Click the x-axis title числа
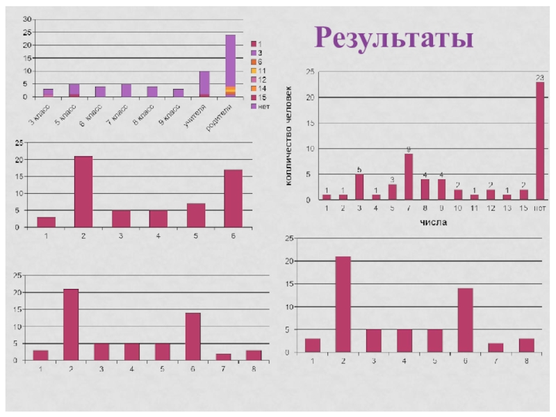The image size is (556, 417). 433,222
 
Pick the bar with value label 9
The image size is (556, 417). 409,177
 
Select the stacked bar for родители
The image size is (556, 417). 230,65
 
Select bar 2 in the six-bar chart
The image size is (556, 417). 83,192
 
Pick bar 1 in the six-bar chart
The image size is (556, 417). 46,222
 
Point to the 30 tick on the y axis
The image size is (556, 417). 27,19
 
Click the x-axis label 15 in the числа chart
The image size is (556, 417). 523,208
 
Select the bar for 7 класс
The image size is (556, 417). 126,90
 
